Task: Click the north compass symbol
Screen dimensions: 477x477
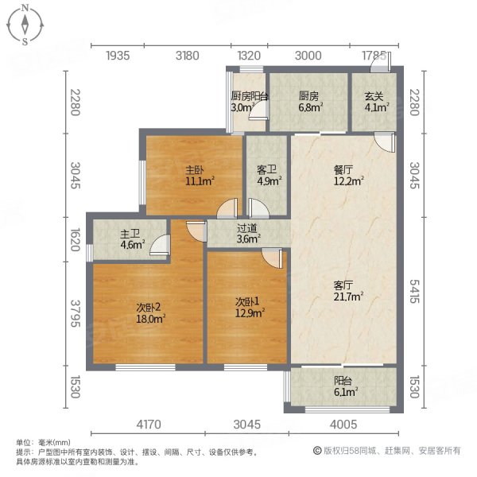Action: (25, 25)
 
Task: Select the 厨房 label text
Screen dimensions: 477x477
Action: (308, 96)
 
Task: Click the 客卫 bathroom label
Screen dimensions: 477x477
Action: (266, 169)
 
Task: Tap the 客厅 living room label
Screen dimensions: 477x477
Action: (344, 285)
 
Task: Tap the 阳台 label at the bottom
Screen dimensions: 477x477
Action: (343, 380)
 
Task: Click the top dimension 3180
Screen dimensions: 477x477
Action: (188, 55)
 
